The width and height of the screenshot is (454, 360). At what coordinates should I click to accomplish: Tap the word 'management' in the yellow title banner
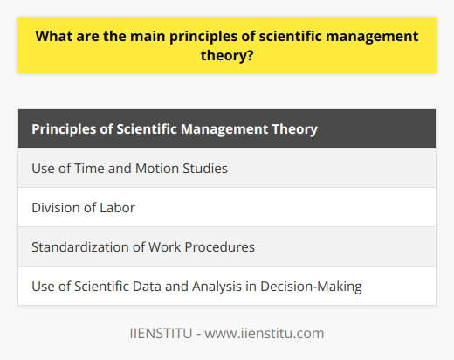[x=361, y=38]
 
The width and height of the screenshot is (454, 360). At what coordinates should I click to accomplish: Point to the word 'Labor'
[x=120, y=208]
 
